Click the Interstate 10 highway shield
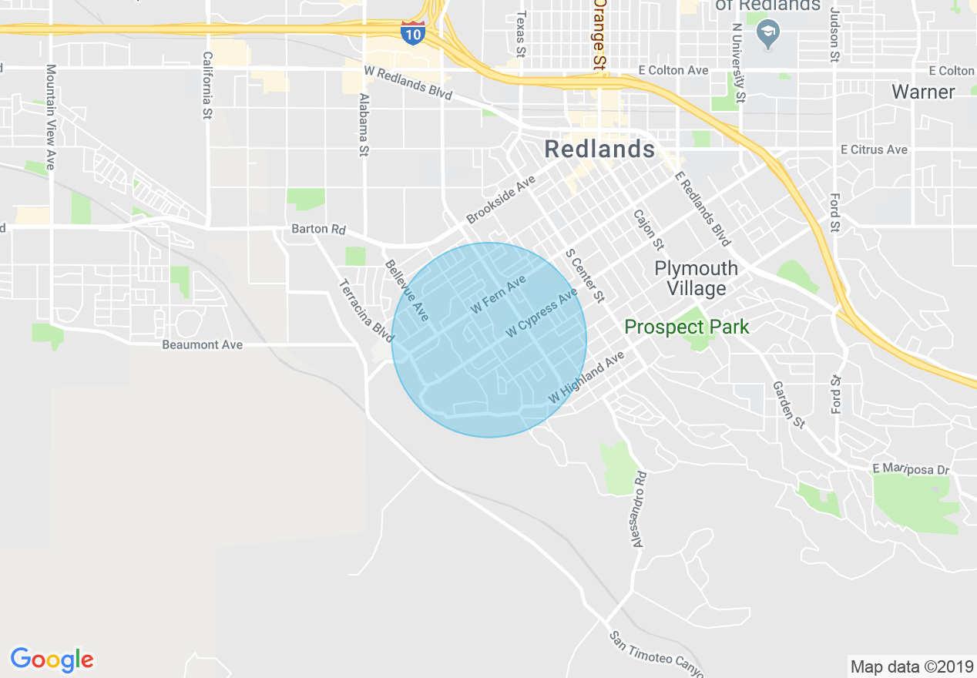click(413, 33)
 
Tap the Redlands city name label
click(599, 149)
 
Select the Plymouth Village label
click(696, 278)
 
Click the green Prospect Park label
click(687, 327)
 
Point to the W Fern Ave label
click(498, 294)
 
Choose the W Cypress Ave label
click(542, 314)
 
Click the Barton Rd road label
click(319, 230)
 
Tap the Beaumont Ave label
click(202, 344)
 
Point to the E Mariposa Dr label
click(911, 468)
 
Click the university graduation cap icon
click(767, 35)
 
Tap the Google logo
click(52, 660)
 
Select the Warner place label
click(923, 92)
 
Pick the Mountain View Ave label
click(51, 117)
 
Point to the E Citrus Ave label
click(874, 149)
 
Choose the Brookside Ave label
click(501, 200)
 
